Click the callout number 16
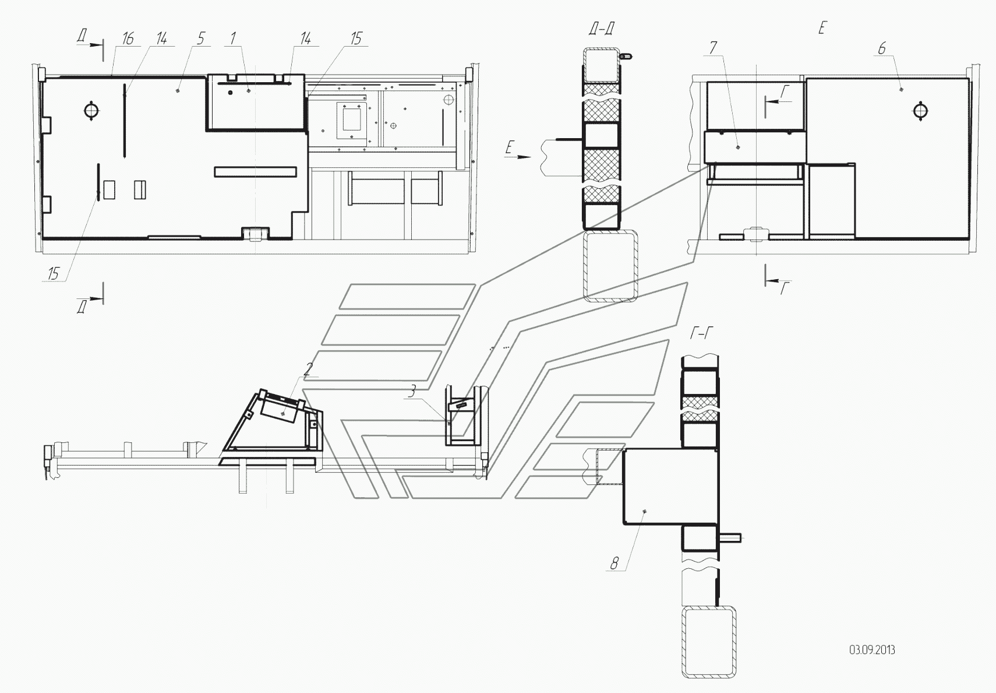pyautogui.click(x=128, y=38)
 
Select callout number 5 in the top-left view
pyautogui.click(x=200, y=38)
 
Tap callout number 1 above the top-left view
pyautogui.click(x=232, y=38)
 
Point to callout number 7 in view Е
pyautogui.click(x=713, y=48)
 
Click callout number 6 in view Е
pyautogui.click(x=882, y=48)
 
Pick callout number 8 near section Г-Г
pyautogui.click(x=614, y=564)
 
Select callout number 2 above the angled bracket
pyautogui.click(x=308, y=369)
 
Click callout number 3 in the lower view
pyautogui.click(x=412, y=392)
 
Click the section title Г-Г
pyautogui.click(x=701, y=333)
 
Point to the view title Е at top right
pyautogui.click(x=822, y=29)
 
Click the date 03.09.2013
pyautogui.click(x=872, y=650)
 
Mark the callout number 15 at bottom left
pyautogui.click(x=54, y=273)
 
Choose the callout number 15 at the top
pyautogui.click(x=356, y=38)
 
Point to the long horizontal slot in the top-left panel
pyautogui.click(x=255, y=172)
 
